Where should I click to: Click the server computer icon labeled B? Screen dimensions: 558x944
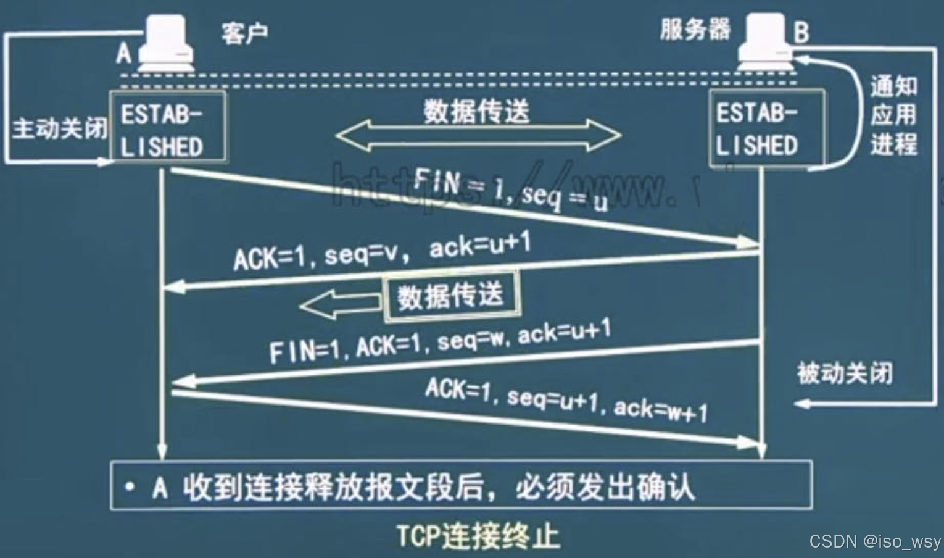pos(766,42)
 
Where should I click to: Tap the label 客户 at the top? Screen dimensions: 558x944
pos(244,33)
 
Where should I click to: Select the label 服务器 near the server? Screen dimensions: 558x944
pos(695,29)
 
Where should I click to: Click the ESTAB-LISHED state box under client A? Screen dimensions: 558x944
pos(167,127)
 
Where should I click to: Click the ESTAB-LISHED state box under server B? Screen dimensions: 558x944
pos(766,128)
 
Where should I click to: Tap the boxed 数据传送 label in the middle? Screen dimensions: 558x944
pos(451,297)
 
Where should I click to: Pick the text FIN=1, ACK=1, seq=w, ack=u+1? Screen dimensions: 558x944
pos(440,341)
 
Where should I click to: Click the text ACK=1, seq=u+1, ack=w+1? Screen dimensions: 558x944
pos(566,399)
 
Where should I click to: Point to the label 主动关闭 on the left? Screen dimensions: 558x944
pos(59,128)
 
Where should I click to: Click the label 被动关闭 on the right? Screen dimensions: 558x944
pos(845,373)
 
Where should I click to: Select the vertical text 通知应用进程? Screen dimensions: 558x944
pos(893,115)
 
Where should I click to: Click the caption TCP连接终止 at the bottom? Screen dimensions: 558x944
pos(478,536)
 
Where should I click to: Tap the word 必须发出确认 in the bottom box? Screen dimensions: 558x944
pos(605,487)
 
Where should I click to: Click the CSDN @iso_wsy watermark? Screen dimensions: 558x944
pos(874,541)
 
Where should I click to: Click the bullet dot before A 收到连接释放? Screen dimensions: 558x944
pos(130,487)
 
